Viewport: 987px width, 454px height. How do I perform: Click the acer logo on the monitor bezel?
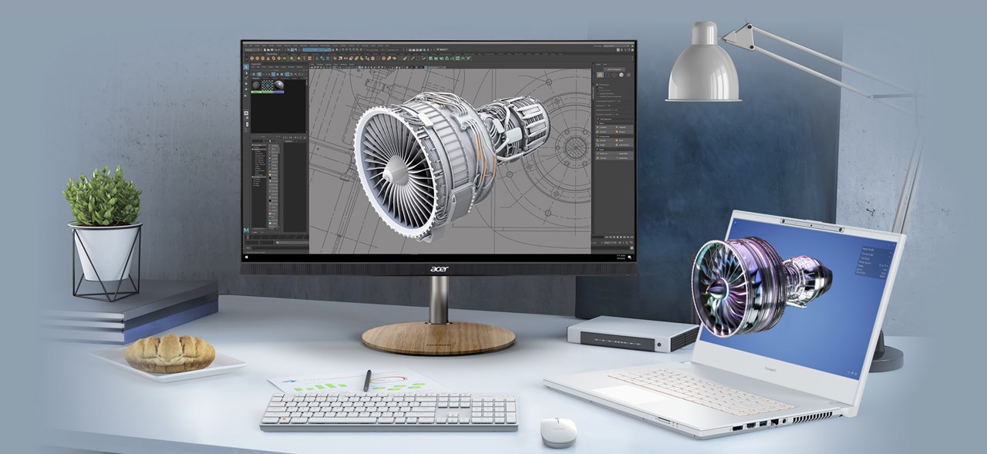pyautogui.click(x=438, y=269)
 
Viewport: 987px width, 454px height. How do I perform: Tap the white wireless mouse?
pyautogui.click(x=558, y=431)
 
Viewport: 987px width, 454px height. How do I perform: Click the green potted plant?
pyautogui.click(x=103, y=197)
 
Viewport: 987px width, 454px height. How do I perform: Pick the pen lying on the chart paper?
pyautogui.click(x=368, y=380)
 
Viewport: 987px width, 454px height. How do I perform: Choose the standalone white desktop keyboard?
pyautogui.click(x=388, y=412)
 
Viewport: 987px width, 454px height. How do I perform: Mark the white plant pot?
pyautogui.click(x=106, y=251)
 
